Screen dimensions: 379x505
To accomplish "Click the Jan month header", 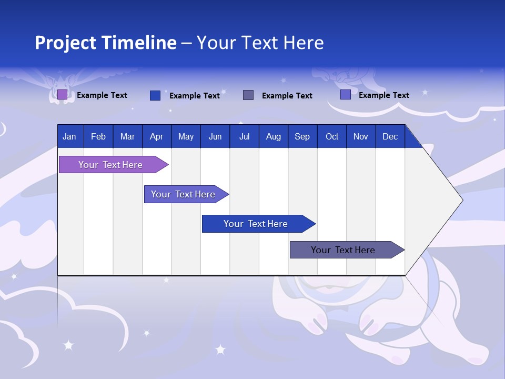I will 69,136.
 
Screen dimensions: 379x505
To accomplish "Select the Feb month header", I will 98,136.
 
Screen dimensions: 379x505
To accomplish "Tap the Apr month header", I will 156,136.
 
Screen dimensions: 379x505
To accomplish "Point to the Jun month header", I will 215,136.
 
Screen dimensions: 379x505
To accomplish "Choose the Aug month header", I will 273,136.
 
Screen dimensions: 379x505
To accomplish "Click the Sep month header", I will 302,136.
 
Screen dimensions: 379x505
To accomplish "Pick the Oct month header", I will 332,136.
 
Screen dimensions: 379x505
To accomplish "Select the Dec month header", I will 390,136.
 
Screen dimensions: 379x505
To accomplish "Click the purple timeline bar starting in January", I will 110,165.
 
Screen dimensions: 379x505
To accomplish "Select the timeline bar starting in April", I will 183,194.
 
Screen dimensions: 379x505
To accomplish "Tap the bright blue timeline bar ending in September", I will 256,224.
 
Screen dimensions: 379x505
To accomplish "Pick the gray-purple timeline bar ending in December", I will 343,250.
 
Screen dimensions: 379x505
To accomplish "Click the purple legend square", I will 62,95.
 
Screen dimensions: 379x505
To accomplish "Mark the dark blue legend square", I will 155,95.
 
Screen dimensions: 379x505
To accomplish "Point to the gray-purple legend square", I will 248,95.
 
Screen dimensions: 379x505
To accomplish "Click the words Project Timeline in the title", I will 106,43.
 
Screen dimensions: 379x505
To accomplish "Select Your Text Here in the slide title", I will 260,43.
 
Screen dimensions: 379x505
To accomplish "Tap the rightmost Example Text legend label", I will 383,95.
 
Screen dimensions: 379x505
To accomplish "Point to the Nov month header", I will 361,136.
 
